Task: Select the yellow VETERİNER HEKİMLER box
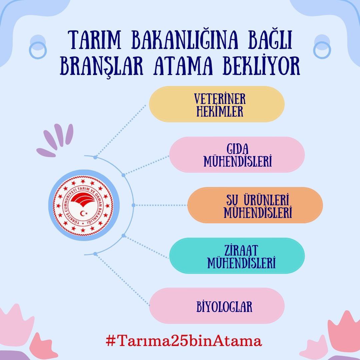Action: tap(217, 104)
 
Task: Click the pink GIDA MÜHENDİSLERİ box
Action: tap(237, 155)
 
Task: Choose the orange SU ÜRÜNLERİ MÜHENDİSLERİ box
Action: tap(255, 205)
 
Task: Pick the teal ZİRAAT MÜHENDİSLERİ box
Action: tap(237, 256)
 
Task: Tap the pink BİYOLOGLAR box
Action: tap(217, 306)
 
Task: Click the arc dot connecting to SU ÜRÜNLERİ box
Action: tap(133, 205)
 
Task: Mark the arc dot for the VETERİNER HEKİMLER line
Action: tap(95, 157)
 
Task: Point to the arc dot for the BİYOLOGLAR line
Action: tap(95, 254)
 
